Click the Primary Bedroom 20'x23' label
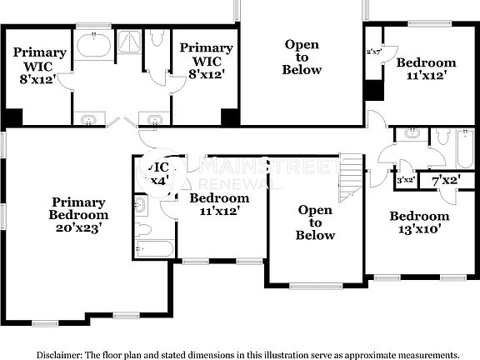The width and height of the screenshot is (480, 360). click(x=79, y=214)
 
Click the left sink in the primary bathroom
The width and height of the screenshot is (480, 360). click(x=89, y=119)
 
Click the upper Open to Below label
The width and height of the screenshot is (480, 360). click(x=302, y=57)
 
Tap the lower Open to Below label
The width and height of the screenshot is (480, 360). click(x=316, y=222)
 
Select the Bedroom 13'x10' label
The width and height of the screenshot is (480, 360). click(x=419, y=222)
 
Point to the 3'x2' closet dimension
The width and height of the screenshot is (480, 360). click(x=406, y=180)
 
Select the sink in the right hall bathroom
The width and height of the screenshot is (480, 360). click(x=411, y=133)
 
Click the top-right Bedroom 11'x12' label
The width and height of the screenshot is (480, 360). click(x=425, y=69)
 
